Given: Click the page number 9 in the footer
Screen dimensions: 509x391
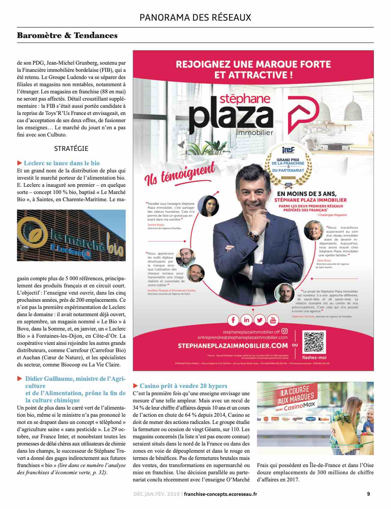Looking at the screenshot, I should point(369,494).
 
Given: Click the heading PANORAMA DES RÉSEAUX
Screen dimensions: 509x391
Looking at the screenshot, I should point(195,18).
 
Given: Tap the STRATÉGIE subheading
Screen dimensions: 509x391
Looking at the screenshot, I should point(71,149).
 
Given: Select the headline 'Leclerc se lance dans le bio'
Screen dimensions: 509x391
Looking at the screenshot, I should point(61,163).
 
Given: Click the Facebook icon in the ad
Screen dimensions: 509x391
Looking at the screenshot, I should point(233,320).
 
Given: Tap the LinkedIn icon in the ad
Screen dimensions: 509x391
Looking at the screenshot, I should point(246,320).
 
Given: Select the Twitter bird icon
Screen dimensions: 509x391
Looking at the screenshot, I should point(260,320).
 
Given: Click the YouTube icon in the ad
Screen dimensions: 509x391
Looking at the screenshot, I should point(273,320).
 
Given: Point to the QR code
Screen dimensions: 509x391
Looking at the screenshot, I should point(314,342).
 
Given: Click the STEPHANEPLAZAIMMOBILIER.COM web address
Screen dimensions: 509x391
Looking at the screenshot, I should point(233,346).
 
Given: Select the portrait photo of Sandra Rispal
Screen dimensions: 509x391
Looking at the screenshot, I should point(208,206).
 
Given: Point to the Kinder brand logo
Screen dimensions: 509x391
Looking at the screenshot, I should point(324,419).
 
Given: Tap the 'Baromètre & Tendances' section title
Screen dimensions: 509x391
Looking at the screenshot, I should point(67,35).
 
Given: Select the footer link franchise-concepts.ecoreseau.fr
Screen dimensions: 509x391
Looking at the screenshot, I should point(220,494).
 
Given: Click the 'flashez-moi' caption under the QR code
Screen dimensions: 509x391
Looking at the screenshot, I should point(314,357).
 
